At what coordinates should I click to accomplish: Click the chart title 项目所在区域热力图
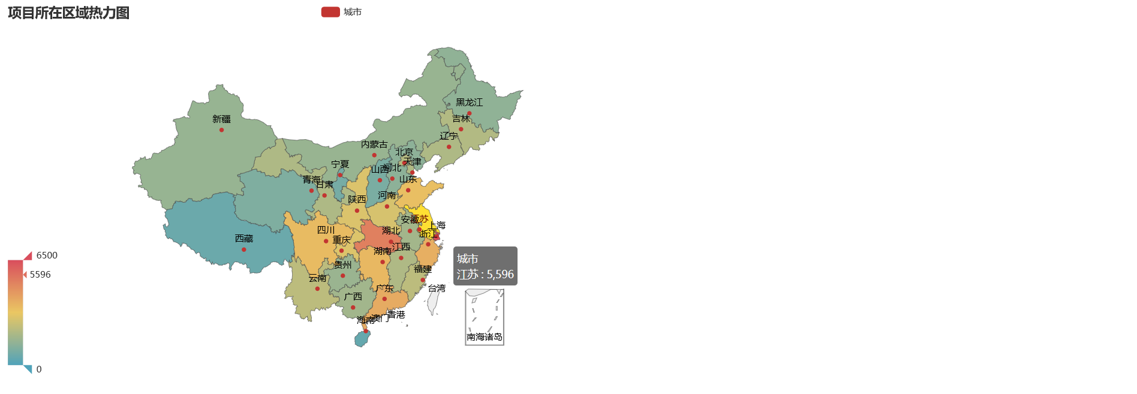pos(69,13)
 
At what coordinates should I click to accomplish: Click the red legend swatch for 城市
pos(330,12)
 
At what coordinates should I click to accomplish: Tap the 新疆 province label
pos(221,119)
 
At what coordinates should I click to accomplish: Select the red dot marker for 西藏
pos(243,249)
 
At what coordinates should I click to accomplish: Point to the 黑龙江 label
pos(469,103)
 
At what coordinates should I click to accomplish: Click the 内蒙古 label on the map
pos(374,145)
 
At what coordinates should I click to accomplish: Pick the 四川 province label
pos(326,230)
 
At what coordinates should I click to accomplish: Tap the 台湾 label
pos(437,288)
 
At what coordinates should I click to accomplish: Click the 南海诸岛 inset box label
pos(485,337)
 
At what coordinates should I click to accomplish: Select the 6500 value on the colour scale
pos(47,255)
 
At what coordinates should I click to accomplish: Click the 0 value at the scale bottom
pos(39,369)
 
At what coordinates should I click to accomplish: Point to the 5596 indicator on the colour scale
pos(40,275)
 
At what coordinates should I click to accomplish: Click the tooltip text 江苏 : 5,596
pos(485,274)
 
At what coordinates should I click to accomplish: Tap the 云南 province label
pos(318,278)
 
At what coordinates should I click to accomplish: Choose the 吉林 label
pos(461,119)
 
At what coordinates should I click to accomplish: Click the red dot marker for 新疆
pos(221,130)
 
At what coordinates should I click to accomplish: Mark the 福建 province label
pos(423,269)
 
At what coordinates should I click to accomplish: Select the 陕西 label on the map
pos(357,200)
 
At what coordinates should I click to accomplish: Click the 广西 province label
pos(353,297)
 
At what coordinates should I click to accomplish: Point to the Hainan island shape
pos(362,339)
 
